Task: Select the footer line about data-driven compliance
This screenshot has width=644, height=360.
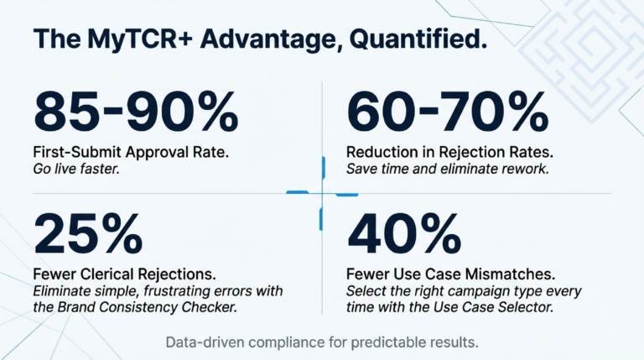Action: (x=322, y=343)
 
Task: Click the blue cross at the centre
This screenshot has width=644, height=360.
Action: (x=322, y=194)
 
